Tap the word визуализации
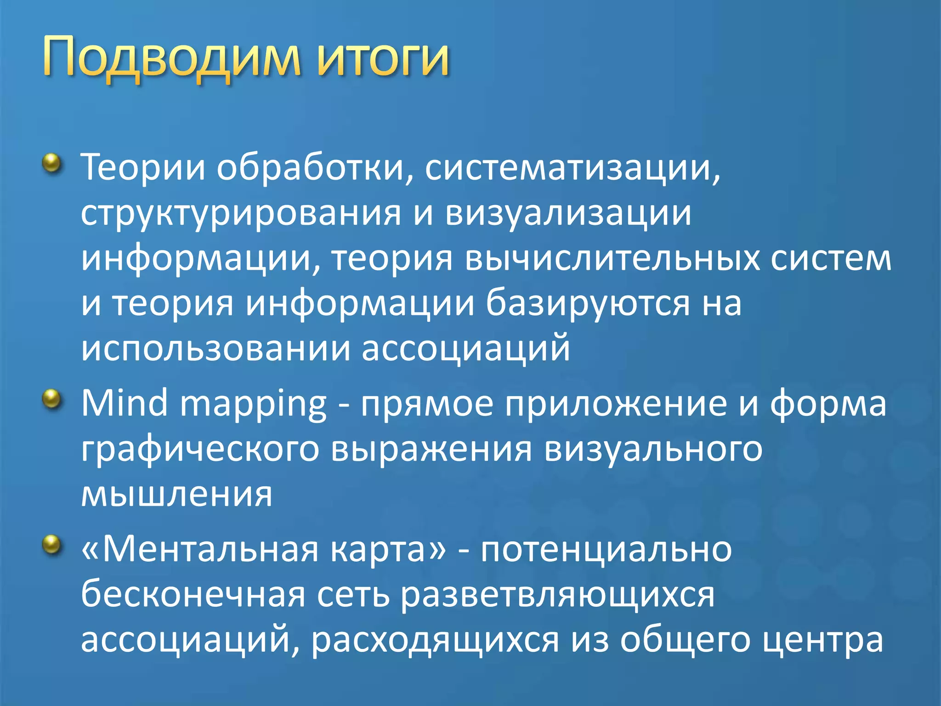568,213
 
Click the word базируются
588,304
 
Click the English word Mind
125,403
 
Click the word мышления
177,495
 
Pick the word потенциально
606,550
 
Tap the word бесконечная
193,594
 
